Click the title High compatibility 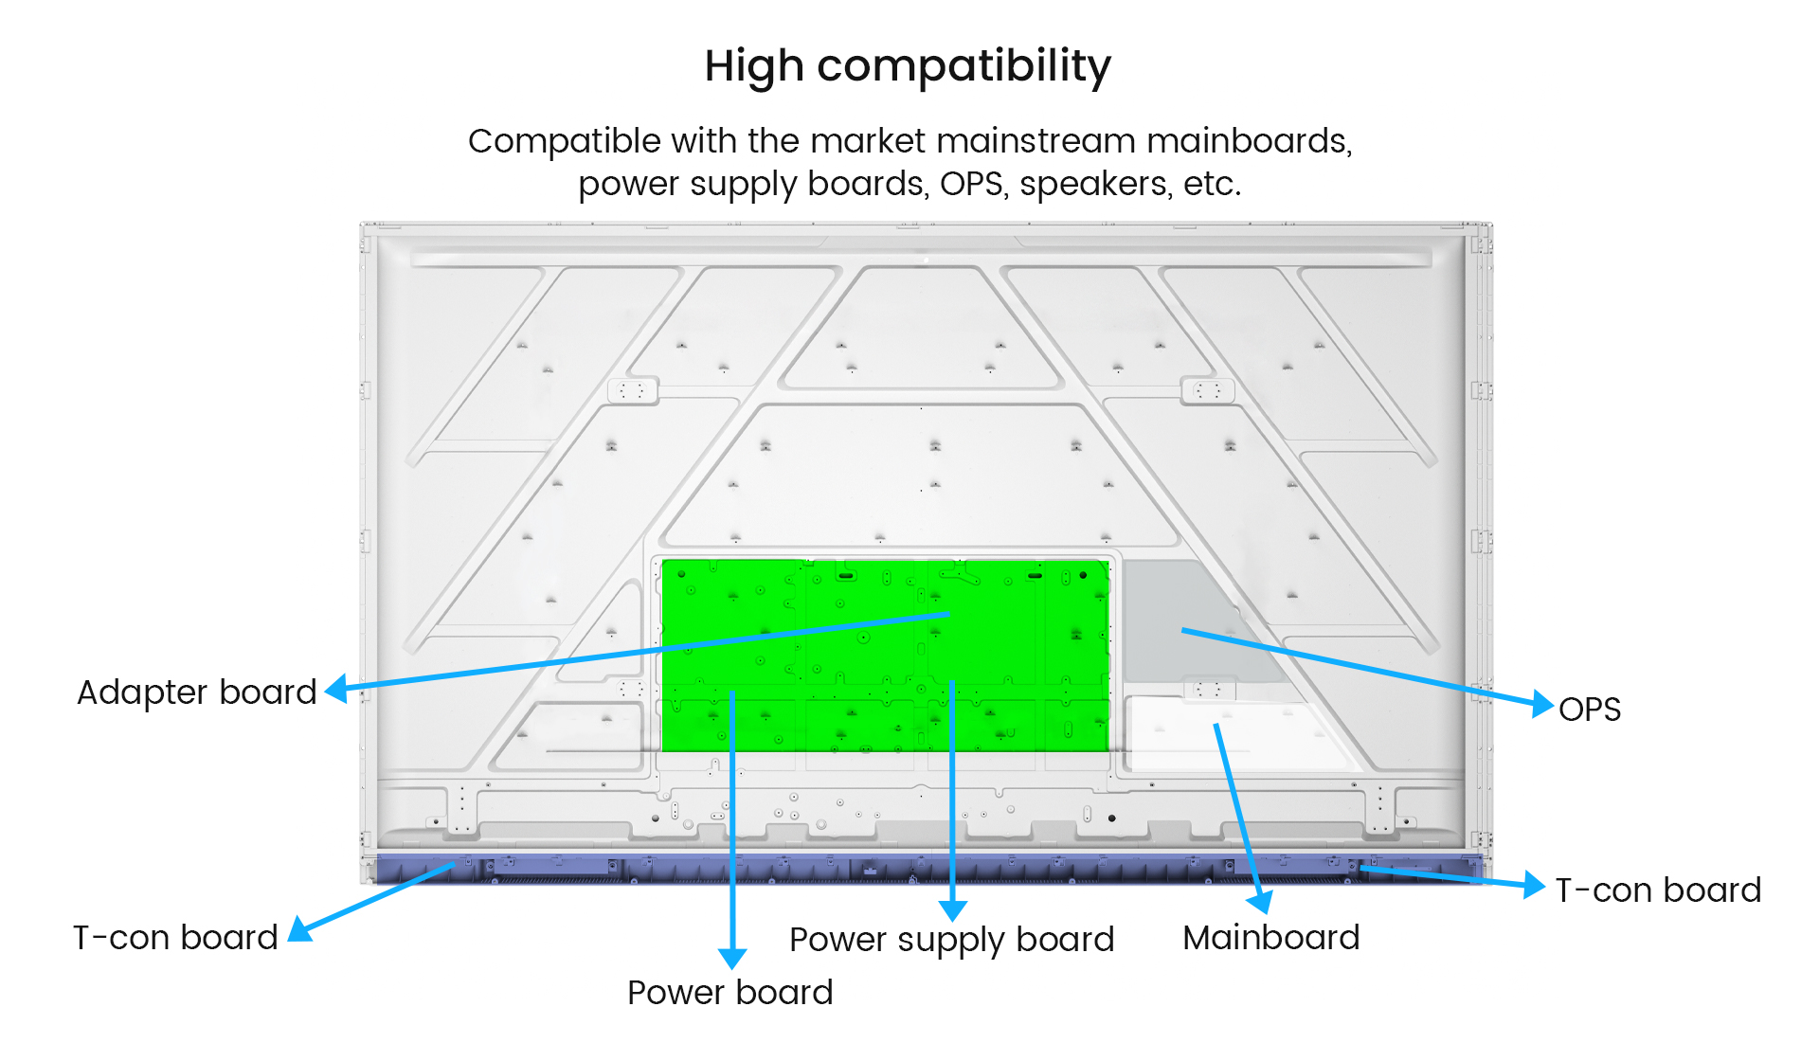[x=908, y=66]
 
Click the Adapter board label [x=196, y=692]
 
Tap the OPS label [x=1590, y=710]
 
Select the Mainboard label [x=1270, y=938]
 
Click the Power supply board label [x=951, y=940]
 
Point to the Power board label [x=729, y=993]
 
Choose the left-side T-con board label [x=175, y=938]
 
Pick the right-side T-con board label [x=1658, y=890]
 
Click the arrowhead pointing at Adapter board [x=337, y=689]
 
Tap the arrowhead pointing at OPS [x=1542, y=704]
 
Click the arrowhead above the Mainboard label [x=1260, y=901]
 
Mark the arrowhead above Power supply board [x=952, y=910]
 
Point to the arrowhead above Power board [x=732, y=959]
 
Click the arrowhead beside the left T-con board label [x=300, y=930]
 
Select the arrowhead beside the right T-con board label [x=1534, y=886]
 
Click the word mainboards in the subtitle [x=1248, y=141]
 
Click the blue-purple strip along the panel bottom [x=928, y=869]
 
